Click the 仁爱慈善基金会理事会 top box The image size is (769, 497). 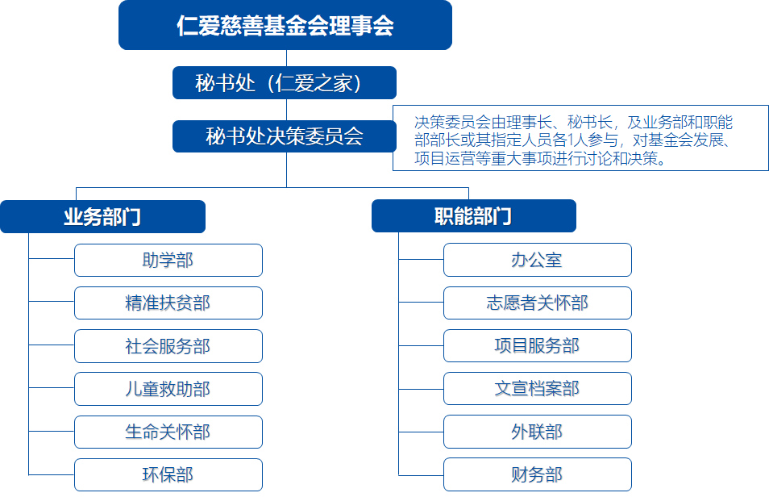(285, 25)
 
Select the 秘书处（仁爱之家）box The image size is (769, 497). (285, 82)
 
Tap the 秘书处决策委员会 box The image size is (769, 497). (285, 136)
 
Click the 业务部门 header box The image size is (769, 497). (102, 216)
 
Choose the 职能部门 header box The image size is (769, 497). (474, 215)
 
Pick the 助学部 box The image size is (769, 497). (168, 261)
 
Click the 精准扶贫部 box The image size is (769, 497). (168, 303)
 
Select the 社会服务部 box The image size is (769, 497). (168, 346)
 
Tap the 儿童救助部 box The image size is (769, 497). (168, 389)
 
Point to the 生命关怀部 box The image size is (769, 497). (168, 432)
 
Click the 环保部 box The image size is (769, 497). (168, 475)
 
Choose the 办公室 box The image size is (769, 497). (538, 260)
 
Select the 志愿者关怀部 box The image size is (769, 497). (538, 303)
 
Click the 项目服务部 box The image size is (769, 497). (538, 346)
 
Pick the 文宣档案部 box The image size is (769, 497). (538, 388)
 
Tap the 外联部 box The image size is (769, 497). (538, 432)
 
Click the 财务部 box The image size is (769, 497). (538, 474)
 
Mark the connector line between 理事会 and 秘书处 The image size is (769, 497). (286, 58)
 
